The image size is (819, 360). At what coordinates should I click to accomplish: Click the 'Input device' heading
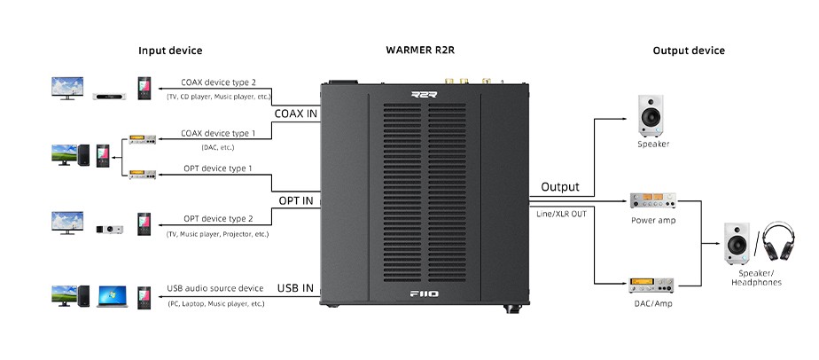170,51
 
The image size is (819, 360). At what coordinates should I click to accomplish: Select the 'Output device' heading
689,51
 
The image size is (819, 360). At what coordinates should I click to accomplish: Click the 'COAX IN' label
296,113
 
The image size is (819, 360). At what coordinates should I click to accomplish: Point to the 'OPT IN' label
296,201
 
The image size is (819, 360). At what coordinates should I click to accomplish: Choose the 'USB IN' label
296,288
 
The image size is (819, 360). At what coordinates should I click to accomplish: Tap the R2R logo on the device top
425,95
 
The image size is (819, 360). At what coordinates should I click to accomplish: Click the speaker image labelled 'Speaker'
652,115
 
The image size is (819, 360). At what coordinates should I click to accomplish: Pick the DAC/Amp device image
652,286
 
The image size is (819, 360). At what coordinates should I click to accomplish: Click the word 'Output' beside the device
560,187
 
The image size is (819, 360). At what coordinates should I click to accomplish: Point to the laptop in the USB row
113,295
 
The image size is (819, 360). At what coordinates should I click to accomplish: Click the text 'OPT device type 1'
217,168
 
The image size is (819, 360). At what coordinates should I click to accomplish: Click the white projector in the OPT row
110,228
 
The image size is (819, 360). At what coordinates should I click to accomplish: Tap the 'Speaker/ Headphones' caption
756,277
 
